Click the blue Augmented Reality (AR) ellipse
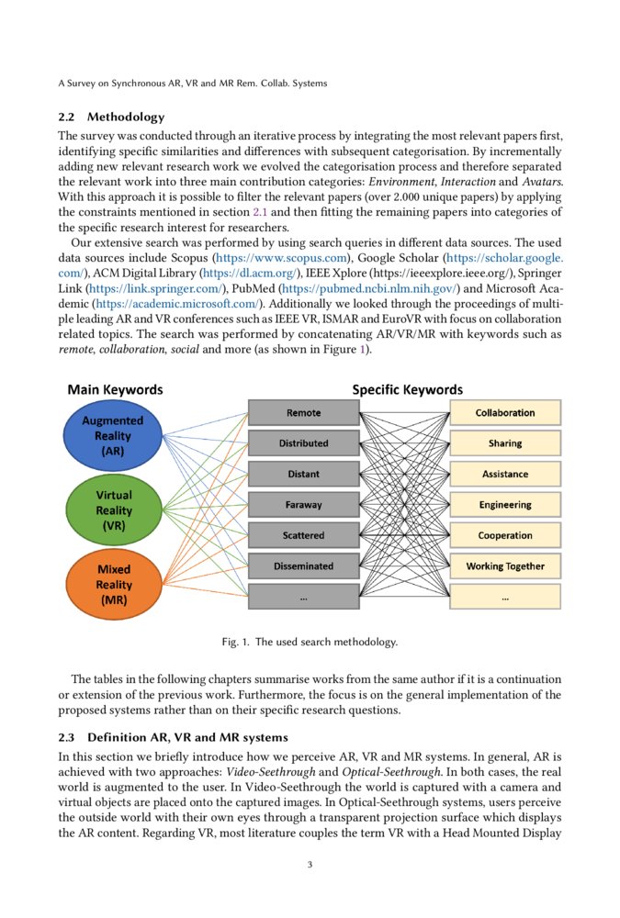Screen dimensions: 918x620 click(x=113, y=436)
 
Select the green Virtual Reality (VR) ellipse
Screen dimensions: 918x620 click(x=113, y=510)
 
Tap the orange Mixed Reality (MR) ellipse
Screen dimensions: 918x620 click(x=113, y=584)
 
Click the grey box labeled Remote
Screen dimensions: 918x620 click(x=303, y=413)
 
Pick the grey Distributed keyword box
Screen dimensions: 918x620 click(x=303, y=443)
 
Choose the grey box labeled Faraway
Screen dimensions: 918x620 click(x=303, y=505)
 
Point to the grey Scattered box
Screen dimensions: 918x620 click(x=303, y=535)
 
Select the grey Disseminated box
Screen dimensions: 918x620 click(x=303, y=566)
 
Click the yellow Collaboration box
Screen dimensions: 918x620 click(x=505, y=413)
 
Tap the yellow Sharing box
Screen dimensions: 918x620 click(x=505, y=443)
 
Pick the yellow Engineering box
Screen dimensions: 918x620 click(x=505, y=505)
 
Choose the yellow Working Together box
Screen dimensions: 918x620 click(x=505, y=566)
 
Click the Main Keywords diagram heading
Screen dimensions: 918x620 click(x=115, y=390)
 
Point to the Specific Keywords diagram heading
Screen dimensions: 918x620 click(x=408, y=390)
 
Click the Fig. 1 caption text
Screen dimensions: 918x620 click(x=310, y=643)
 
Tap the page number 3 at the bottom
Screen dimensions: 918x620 click(x=310, y=864)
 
